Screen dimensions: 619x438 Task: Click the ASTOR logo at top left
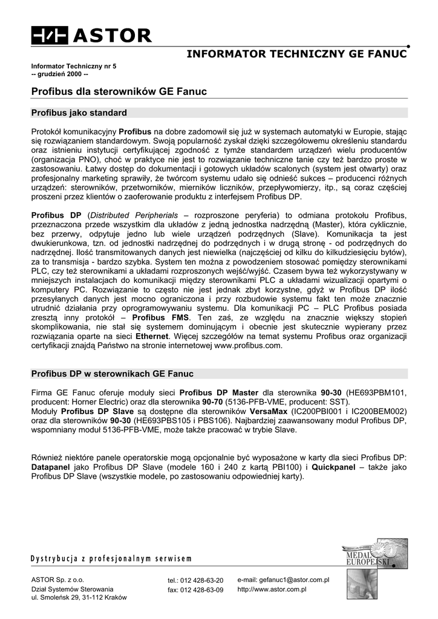[x=91, y=36]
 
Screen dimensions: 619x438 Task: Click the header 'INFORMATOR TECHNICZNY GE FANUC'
[x=296, y=55]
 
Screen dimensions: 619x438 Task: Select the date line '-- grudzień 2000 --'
[x=60, y=74]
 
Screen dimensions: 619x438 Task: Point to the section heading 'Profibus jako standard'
[x=79, y=113]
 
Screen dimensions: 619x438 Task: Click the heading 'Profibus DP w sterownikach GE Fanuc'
[x=112, y=374]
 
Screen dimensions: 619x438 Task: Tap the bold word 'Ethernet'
[x=155, y=335]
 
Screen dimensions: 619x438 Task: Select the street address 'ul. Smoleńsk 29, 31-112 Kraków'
[x=79, y=597]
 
